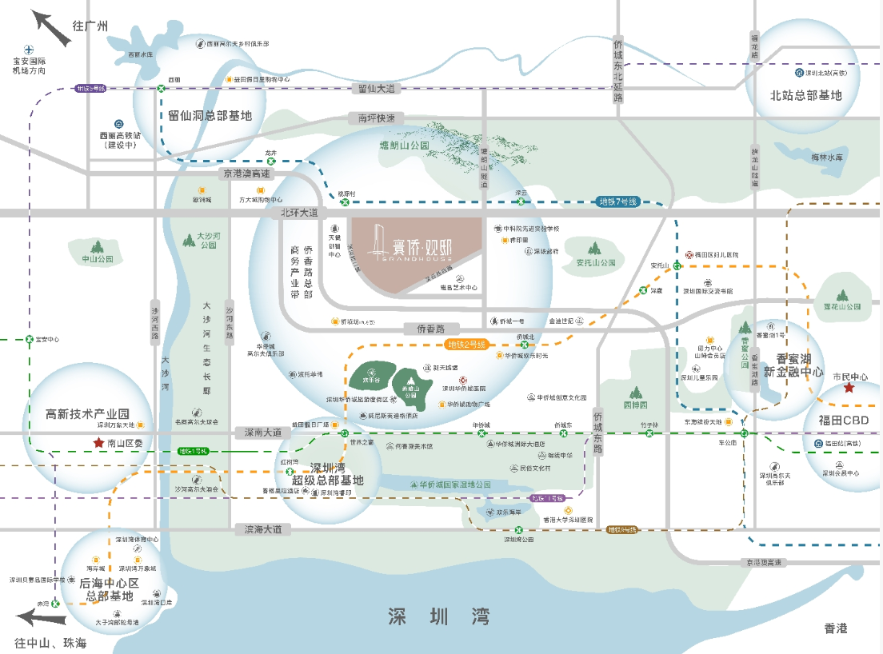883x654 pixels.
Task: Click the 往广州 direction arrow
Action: click(x=49, y=28)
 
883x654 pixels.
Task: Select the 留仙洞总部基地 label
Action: click(x=210, y=116)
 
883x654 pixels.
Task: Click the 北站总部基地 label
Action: click(x=806, y=95)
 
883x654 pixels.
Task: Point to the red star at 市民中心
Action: click(x=849, y=389)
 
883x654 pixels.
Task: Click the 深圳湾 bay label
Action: click(x=438, y=616)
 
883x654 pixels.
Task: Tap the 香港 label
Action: click(x=835, y=628)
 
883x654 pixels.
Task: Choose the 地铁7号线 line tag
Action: click(x=617, y=201)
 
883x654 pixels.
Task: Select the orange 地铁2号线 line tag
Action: click(x=465, y=345)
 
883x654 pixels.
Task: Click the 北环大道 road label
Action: click(x=300, y=213)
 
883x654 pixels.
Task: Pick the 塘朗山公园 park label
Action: click(x=404, y=146)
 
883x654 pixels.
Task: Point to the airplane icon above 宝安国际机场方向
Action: click(x=29, y=49)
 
